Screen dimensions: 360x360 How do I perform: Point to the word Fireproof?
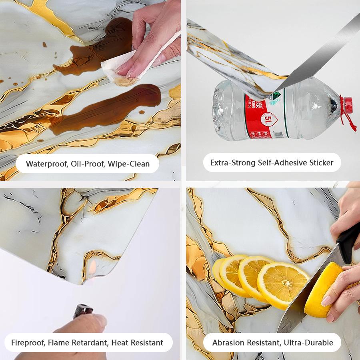pyautogui.click(x=28, y=343)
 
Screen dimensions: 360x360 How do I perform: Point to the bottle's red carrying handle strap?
pyautogui.click(x=351, y=120)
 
